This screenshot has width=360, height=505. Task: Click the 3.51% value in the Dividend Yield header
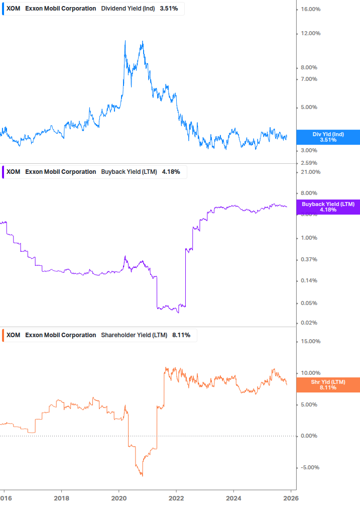point(169,9)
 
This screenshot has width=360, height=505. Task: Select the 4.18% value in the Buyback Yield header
point(171,172)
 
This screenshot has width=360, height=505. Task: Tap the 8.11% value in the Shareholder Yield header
point(181,335)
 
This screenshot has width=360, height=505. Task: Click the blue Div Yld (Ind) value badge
point(328,137)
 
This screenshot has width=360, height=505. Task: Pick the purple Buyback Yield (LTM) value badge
point(328,207)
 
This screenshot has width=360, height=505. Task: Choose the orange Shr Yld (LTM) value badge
point(328,385)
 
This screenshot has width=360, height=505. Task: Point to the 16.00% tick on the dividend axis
point(310,10)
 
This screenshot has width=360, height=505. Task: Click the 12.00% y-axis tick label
point(310,34)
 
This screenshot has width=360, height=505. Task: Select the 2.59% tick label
point(308,163)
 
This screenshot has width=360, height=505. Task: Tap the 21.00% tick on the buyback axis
point(310,172)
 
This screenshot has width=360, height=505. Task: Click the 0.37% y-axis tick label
point(308,260)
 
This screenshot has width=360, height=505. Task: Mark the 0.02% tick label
point(308,323)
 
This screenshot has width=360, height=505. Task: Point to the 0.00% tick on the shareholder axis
point(308,436)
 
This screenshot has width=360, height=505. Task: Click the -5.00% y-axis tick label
point(309,468)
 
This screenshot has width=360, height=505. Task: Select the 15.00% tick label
point(310,342)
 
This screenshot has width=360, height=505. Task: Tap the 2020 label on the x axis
point(118,498)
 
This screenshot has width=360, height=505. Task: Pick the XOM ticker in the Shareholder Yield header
point(14,335)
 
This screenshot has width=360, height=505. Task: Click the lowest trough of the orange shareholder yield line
point(142,475)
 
